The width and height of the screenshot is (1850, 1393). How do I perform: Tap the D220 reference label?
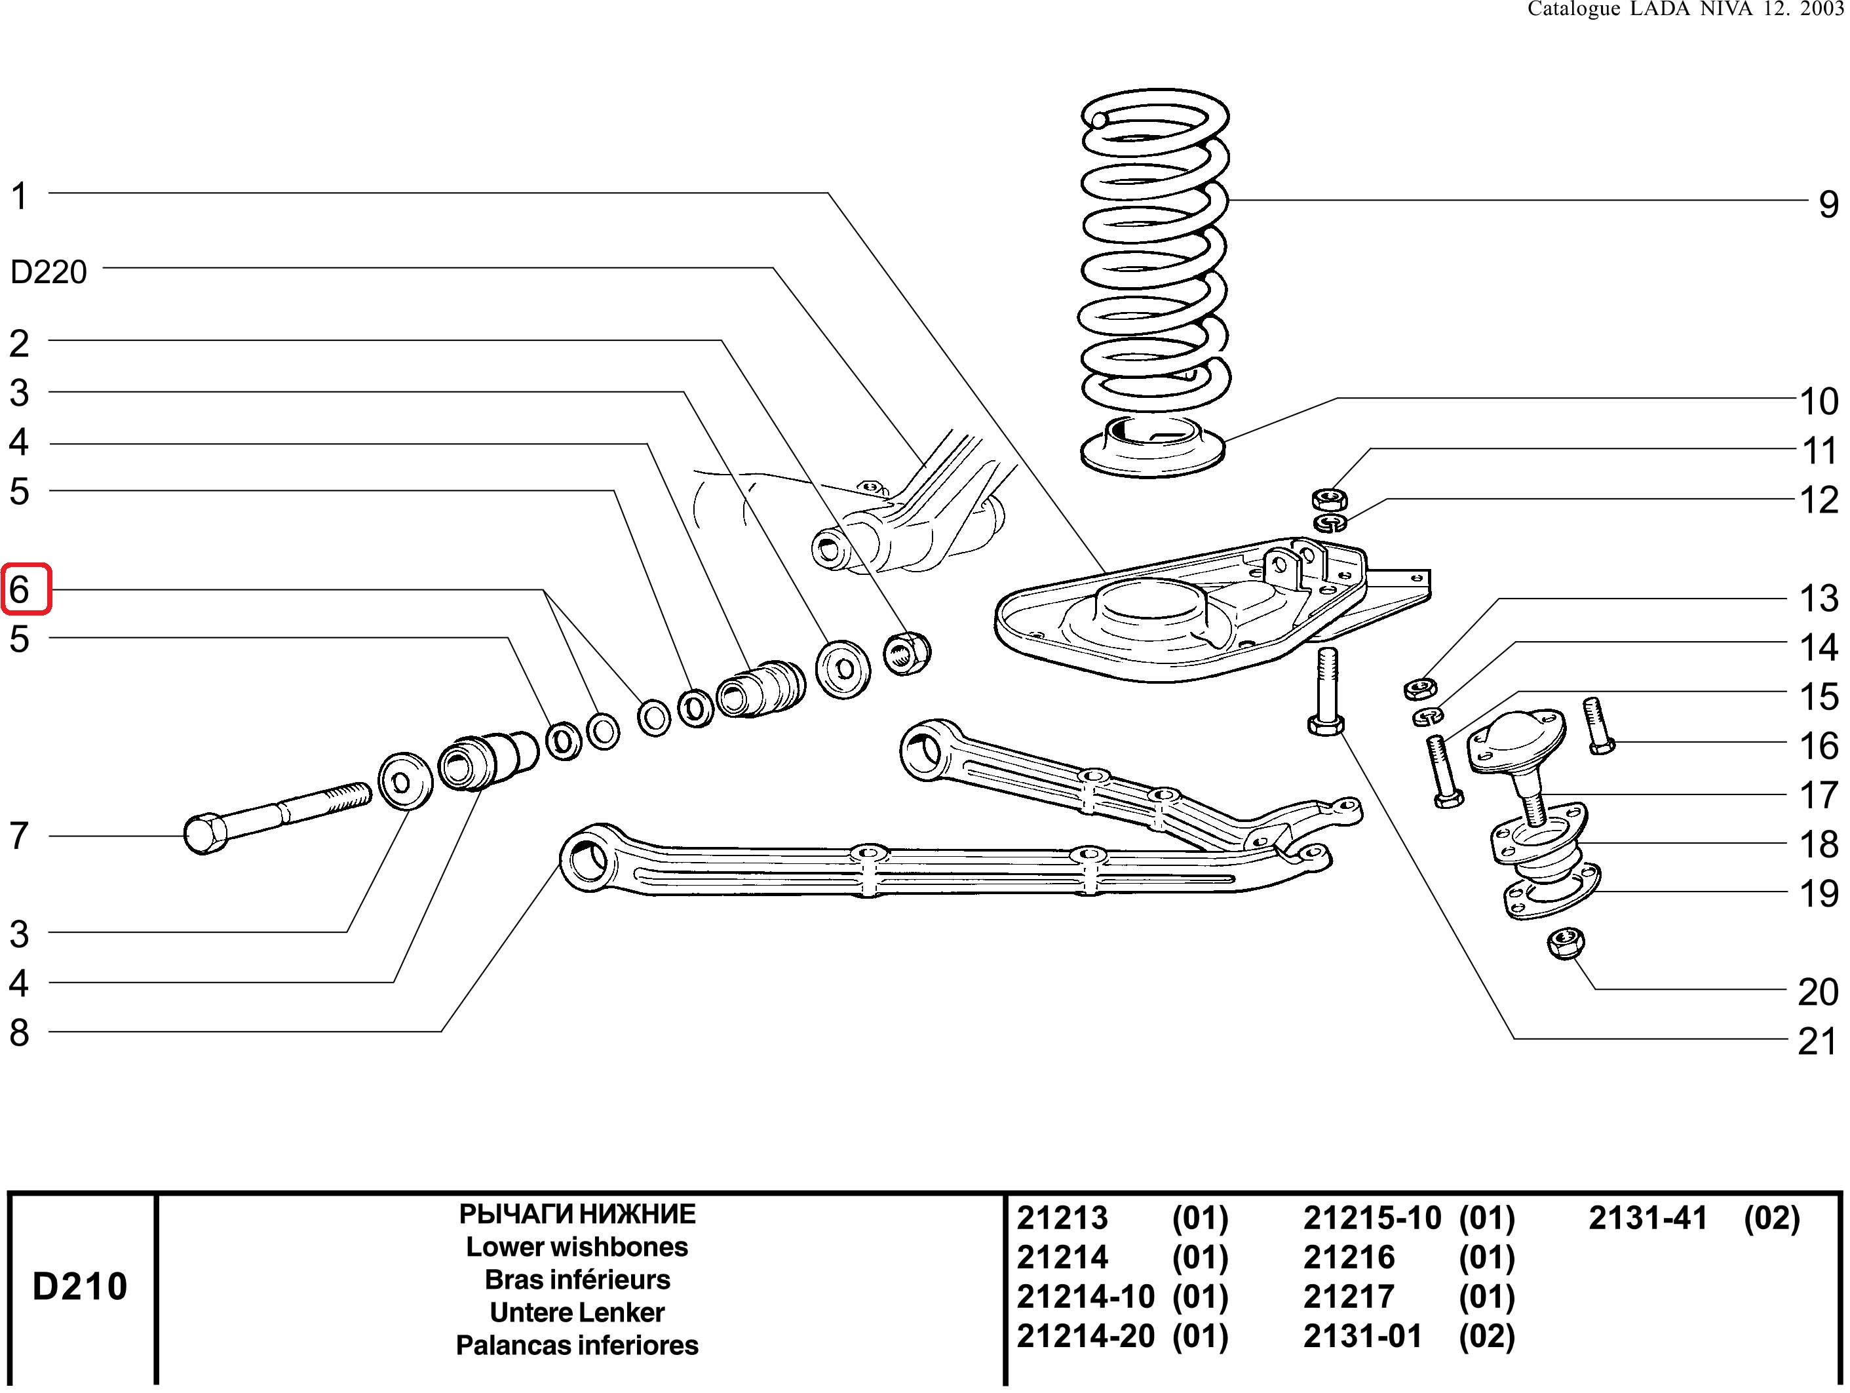click(48, 272)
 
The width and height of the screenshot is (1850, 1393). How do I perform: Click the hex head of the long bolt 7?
click(204, 834)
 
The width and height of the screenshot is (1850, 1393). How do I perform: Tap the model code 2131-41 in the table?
click(1648, 1218)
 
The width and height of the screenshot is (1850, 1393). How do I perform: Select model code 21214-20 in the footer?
click(1085, 1336)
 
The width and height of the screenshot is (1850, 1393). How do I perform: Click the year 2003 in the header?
click(1822, 9)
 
